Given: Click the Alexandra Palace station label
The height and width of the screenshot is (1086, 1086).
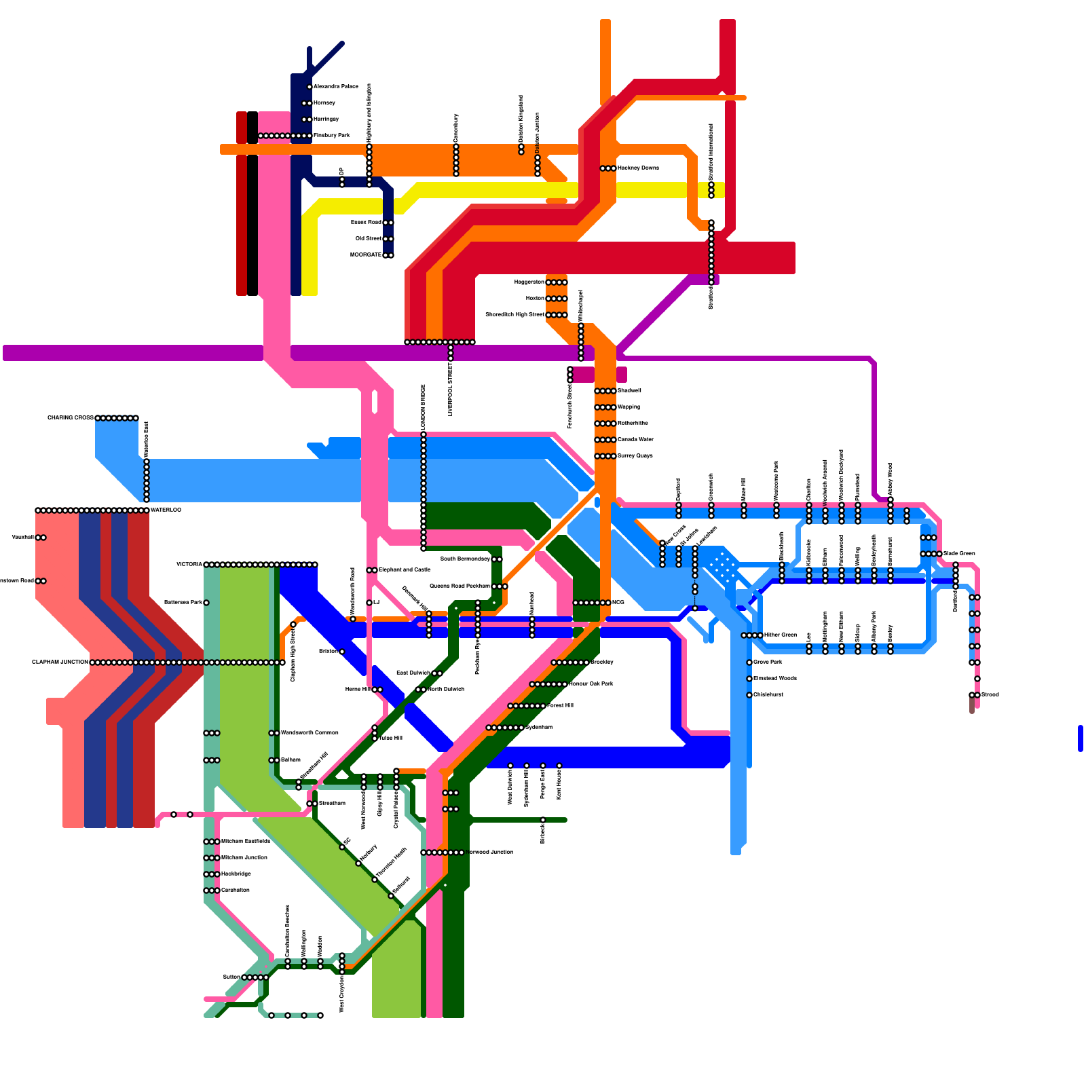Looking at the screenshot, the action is [x=335, y=87].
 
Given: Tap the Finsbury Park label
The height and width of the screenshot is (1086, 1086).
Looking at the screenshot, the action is [x=331, y=136].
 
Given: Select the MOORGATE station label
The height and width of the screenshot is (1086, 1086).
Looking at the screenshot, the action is [x=366, y=255].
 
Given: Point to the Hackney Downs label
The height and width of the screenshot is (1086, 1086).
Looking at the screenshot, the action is [x=638, y=168].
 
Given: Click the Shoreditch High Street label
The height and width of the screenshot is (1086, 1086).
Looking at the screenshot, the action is [x=514, y=315].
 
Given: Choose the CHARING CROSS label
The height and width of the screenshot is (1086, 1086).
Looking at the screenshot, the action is [x=71, y=418].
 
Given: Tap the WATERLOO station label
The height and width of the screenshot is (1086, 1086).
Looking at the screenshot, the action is [x=166, y=510].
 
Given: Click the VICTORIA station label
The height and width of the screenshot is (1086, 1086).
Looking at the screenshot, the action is [x=189, y=565].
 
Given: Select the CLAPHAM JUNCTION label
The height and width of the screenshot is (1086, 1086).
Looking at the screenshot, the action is [x=60, y=662].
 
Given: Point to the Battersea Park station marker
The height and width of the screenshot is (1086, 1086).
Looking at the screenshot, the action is [x=206, y=603].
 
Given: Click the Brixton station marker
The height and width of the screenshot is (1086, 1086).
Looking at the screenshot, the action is [x=342, y=652].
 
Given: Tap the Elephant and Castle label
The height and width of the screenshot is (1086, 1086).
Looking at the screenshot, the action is [x=405, y=570].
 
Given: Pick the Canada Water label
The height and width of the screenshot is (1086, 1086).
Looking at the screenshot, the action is [x=635, y=440].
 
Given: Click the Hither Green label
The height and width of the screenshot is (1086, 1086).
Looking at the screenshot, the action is [x=780, y=635].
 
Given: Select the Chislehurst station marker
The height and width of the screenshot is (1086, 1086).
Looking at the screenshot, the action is [x=749, y=695].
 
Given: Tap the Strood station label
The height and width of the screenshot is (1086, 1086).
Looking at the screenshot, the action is [x=990, y=695].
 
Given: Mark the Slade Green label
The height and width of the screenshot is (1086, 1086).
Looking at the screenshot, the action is [x=959, y=554].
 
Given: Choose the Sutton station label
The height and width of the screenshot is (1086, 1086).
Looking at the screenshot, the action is [x=231, y=977].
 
